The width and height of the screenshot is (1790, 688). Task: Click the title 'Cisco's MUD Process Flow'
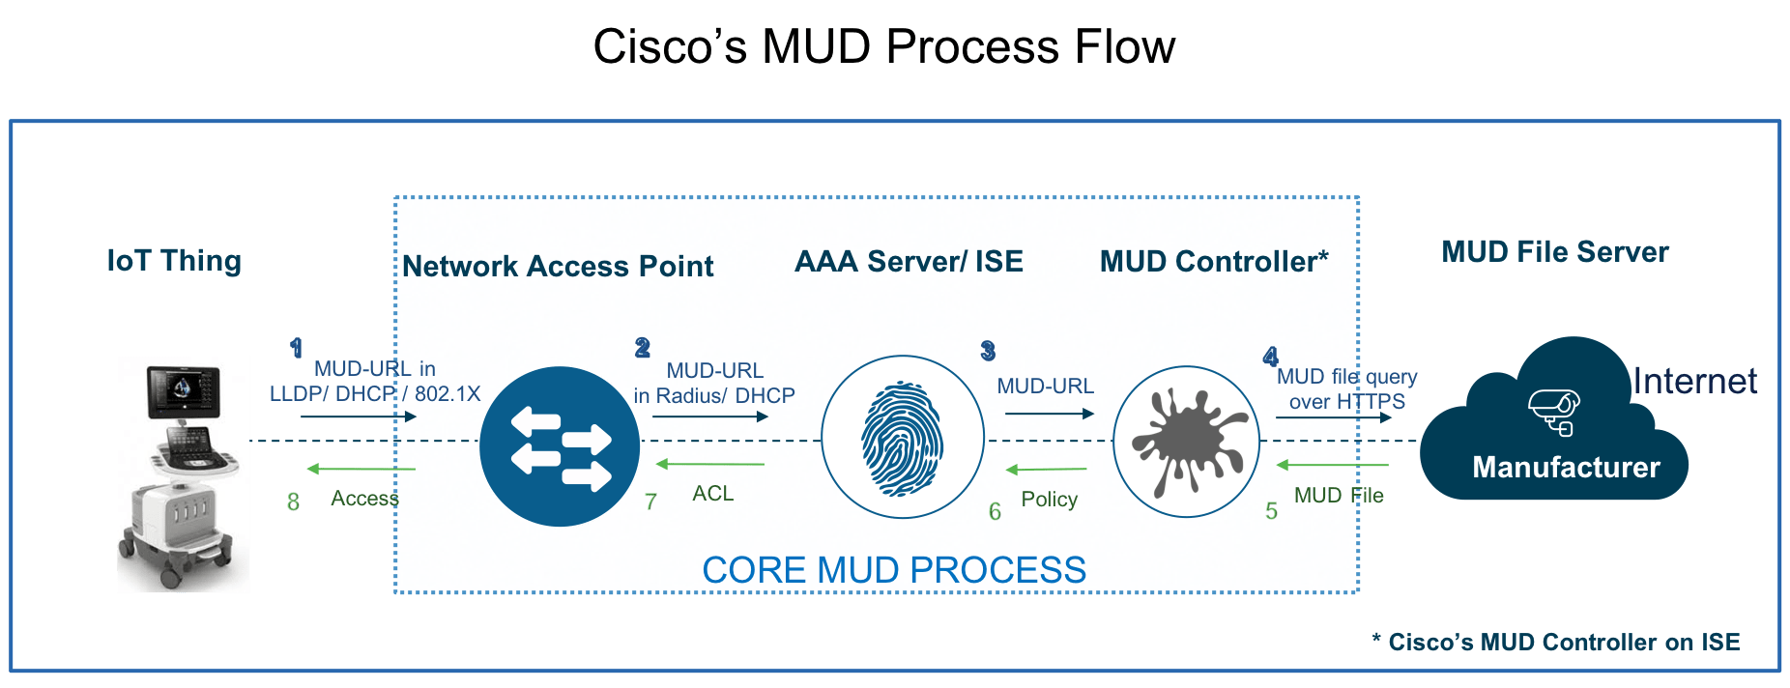click(883, 46)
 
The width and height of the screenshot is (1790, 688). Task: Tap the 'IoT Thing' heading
click(174, 261)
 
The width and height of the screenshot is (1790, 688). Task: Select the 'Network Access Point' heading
click(558, 266)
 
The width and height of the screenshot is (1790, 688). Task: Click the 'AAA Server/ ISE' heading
click(909, 261)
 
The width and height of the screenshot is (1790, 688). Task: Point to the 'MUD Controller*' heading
click(1214, 261)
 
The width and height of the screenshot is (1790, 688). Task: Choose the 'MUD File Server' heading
click(1555, 252)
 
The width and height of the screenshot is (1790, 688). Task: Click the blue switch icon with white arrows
click(560, 446)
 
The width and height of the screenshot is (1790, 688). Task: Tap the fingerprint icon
click(902, 438)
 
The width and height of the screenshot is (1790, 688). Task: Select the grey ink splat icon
click(1187, 441)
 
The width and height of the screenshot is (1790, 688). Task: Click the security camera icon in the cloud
click(1553, 411)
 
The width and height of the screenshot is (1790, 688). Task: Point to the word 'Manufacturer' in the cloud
click(1566, 468)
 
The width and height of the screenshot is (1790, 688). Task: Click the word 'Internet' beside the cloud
click(1694, 381)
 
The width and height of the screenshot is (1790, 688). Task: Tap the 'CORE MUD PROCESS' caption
click(894, 570)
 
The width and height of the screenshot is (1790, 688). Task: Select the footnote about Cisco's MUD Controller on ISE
click(1555, 643)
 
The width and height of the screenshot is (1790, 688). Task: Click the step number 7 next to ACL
click(651, 502)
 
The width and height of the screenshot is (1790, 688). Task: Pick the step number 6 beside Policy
click(995, 511)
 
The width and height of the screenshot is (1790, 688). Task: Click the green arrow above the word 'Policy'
click(1046, 470)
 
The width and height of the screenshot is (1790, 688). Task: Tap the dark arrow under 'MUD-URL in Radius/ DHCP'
click(710, 417)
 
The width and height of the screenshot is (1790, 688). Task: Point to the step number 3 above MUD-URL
click(987, 351)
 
